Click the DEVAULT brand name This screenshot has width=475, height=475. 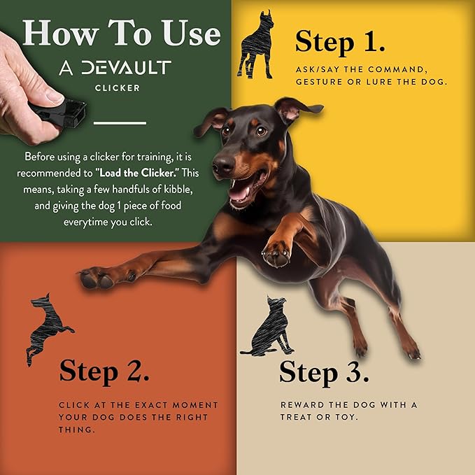click(x=126, y=67)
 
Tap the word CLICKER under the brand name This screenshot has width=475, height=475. click(x=118, y=88)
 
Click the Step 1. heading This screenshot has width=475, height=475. click(x=340, y=43)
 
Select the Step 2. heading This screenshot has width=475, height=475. click(x=104, y=371)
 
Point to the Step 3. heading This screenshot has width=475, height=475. click(x=324, y=373)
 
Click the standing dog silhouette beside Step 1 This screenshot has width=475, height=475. click(x=255, y=45)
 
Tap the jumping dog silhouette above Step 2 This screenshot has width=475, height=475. click(x=48, y=329)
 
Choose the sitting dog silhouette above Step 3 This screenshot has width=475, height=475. click(x=268, y=327)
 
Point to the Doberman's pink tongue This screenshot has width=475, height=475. click(x=240, y=192)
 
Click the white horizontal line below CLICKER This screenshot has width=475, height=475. click(x=120, y=123)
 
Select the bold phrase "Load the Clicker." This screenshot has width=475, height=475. click(x=138, y=173)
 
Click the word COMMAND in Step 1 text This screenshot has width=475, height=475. click(x=398, y=70)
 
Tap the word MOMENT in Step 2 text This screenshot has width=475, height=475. click(x=195, y=405)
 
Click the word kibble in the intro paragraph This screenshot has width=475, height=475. click(x=178, y=190)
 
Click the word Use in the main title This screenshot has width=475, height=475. click(x=190, y=33)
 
